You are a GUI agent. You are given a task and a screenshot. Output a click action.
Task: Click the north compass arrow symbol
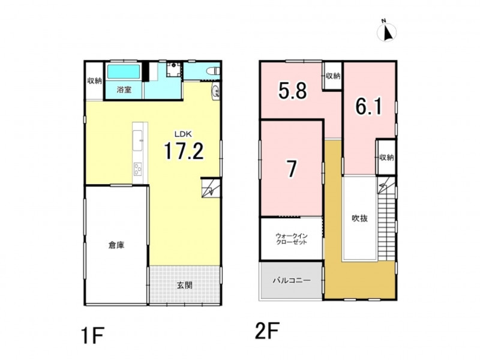[387, 31]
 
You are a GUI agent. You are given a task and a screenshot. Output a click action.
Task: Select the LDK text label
[183, 134]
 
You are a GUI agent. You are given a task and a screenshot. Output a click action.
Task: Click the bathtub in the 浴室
[124, 72]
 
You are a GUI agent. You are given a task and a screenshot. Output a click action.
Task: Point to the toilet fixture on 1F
[214, 71]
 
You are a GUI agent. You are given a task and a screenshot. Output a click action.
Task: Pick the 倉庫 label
[116, 245]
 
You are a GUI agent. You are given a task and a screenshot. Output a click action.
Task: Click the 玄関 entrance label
[185, 286]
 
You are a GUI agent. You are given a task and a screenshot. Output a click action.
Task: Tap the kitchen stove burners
[138, 169]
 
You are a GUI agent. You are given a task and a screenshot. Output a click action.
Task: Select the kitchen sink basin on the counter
[137, 140]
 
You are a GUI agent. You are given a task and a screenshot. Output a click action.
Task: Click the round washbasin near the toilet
[215, 91]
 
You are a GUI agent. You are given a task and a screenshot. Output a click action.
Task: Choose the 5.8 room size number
[292, 90]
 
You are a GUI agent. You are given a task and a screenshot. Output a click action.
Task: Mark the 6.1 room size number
[368, 106]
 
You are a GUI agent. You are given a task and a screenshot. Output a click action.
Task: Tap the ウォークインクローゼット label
[292, 239]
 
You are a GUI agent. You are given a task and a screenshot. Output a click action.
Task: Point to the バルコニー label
[292, 280]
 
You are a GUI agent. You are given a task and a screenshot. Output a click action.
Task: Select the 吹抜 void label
[359, 218]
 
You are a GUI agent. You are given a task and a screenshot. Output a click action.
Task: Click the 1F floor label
[93, 336]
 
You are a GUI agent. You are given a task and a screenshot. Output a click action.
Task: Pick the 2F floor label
[267, 331]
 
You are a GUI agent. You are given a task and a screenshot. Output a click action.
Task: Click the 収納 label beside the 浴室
[95, 81]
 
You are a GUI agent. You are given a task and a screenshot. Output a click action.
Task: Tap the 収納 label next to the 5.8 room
[333, 76]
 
